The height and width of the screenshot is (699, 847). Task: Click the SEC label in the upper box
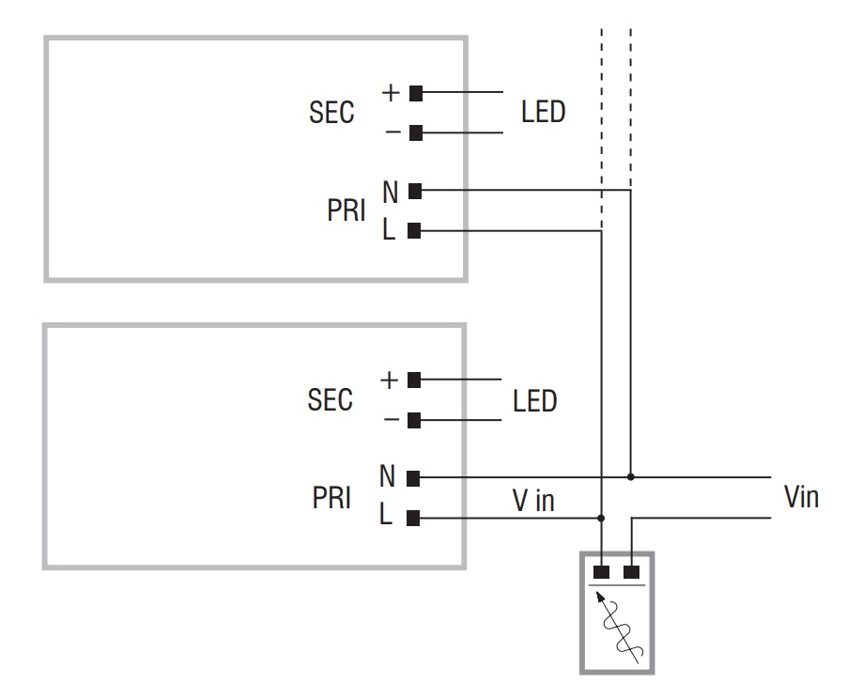point(331,113)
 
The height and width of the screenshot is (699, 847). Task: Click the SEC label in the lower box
point(330,400)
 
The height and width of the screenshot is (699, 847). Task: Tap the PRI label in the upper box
point(346,210)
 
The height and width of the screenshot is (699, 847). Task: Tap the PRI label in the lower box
point(331,497)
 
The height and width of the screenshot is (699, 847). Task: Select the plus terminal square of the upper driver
point(416,94)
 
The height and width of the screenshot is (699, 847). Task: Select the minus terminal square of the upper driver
point(416,132)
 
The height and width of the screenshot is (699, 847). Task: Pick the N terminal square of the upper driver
point(415,191)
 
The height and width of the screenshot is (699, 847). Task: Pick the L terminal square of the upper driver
point(414,231)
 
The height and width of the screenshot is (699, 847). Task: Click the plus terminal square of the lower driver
point(414,381)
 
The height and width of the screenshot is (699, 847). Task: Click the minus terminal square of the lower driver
point(414,420)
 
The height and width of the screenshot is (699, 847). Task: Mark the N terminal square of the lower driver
point(413,478)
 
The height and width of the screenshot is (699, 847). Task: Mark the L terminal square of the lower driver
point(412,518)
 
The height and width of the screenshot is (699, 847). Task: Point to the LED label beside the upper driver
point(544,113)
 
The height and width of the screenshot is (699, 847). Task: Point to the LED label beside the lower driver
point(535,401)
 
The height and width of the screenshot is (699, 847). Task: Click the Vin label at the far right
point(802,497)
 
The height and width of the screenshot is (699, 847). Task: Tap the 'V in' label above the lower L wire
point(533,500)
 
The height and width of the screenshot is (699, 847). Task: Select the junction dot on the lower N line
point(630,477)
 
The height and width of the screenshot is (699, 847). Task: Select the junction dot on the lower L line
point(601,518)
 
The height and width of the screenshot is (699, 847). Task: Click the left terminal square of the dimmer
point(601,572)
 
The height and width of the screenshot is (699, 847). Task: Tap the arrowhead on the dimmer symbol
point(600,597)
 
